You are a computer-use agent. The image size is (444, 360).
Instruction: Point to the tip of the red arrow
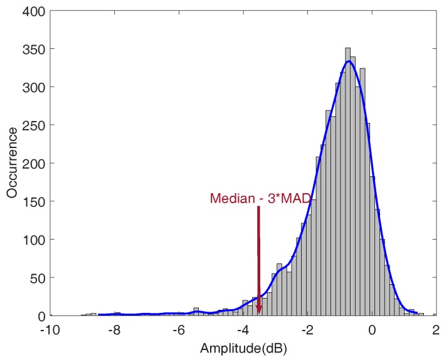click(258, 313)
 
